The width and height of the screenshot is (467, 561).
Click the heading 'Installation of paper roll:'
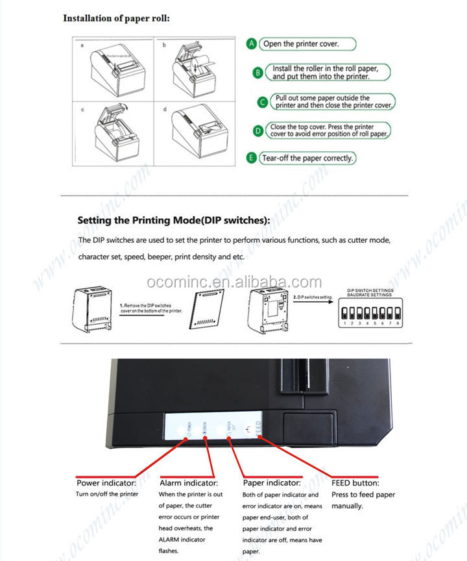pyautogui.click(x=116, y=18)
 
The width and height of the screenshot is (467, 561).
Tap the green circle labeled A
pyautogui.click(x=252, y=44)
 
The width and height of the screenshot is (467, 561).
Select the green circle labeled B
pyautogui.click(x=257, y=73)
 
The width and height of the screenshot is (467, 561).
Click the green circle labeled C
pyautogui.click(x=262, y=102)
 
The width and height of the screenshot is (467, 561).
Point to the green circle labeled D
pyautogui.click(x=257, y=131)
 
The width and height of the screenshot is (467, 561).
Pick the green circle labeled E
pyautogui.click(x=252, y=158)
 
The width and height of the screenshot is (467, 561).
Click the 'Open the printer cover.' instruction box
pyautogui.click(x=309, y=44)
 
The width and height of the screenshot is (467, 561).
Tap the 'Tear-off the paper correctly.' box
pyautogui.click(x=308, y=158)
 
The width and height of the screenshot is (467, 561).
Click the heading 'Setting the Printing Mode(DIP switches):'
pyautogui.click(x=173, y=220)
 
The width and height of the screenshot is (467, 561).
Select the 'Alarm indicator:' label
pyautogui.click(x=189, y=483)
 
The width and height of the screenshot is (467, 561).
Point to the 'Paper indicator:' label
pyautogui.click(x=271, y=483)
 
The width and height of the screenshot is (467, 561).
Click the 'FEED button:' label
pyautogui.click(x=355, y=483)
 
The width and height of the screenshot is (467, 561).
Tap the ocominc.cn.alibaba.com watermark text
pyautogui.click(x=233, y=282)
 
